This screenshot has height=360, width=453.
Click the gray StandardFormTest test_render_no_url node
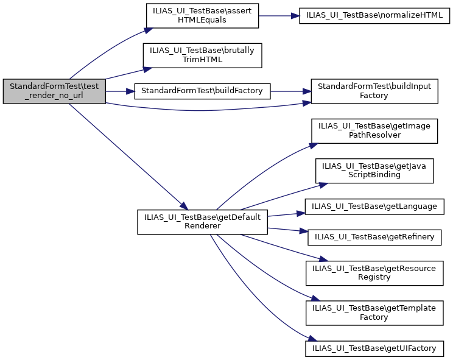coord(55,91)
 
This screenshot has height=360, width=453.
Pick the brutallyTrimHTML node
coord(202,55)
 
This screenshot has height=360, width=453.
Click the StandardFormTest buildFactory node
coord(202,91)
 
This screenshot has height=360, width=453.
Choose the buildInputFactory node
coord(374,91)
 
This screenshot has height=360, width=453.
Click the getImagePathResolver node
coord(374,130)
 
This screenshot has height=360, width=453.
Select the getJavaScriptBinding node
coord(374,169)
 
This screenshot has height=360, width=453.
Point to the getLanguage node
coord(374,206)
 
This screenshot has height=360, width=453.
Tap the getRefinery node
coord(374,236)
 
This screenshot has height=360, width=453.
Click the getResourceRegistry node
coord(374,272)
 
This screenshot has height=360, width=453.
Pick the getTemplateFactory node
coord(374,312)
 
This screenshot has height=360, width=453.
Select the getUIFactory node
coord(374,348)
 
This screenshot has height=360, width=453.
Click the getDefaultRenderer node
coord(202,222)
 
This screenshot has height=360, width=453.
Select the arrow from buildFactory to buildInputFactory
coord(290,91)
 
